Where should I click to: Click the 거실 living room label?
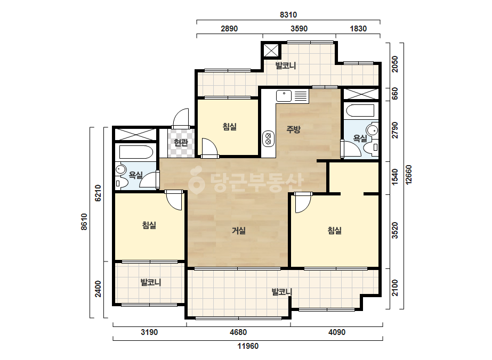pos(238,231)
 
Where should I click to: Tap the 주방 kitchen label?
pos(293,129)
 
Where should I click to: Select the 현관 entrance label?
pos(181,143)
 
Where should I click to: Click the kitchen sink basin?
pos(284,96)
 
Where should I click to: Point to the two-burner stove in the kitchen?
pos(268,138)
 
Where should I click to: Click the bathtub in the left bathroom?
pos(136,152)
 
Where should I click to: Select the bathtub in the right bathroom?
pos(359,111)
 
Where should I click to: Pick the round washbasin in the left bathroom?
pos(120,170)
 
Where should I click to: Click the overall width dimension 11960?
pos(248,346)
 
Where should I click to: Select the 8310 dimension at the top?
pos(288,15)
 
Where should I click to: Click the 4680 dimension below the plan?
pos(238,332)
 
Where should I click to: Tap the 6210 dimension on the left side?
pos(98,193)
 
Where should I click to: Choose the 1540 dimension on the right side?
pos(395,177)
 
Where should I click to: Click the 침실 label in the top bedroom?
pos(229,127)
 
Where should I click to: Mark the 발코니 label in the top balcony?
pos(286,66)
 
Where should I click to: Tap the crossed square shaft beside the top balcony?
pos(271,51)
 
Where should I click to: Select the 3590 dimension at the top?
pos(299,29)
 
